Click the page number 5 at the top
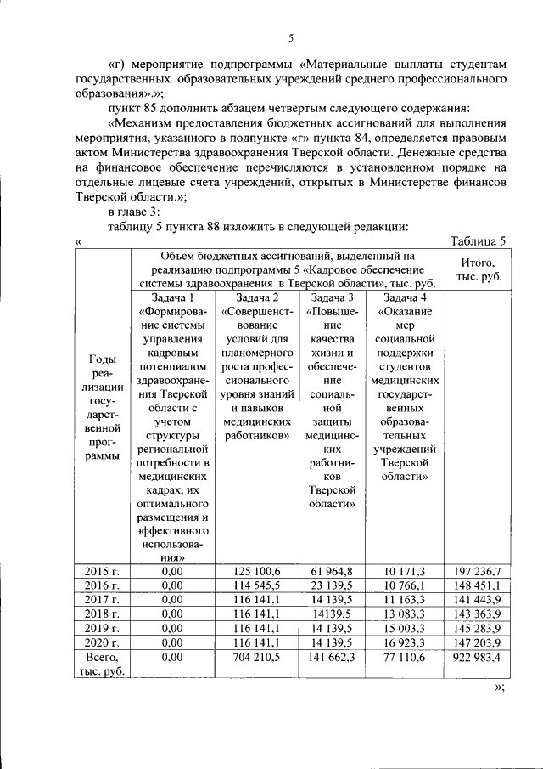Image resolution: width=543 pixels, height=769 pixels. tap(290, 38)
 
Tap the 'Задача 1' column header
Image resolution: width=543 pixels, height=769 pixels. tap(172, 297)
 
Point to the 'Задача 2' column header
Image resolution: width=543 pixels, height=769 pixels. tap(256, 297)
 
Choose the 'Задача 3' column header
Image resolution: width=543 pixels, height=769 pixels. tap(332, 297)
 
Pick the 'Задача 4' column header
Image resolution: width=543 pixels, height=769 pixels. tap(404, 297)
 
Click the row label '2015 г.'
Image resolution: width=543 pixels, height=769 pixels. tap(102, 570)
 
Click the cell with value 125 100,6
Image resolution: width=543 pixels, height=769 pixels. tap(257, 570)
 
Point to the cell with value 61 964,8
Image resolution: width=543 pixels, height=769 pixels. tap(332, 570)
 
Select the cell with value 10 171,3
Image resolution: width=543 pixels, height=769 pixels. tap(405, 570)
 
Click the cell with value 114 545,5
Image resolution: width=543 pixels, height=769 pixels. tap(257, 584)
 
